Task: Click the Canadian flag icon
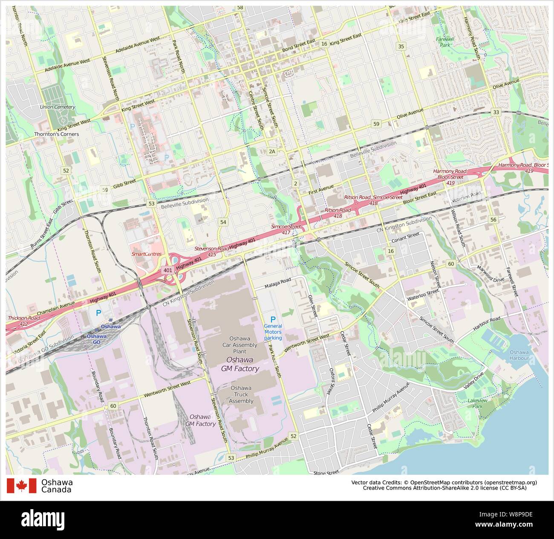tap(21, 486)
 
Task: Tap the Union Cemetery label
tap(57, 107)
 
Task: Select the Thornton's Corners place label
tap(57, 134)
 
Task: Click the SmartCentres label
tap(146, 254)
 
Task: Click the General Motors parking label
tap(273, 332)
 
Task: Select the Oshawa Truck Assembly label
tap(241, 394)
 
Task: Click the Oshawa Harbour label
tap(519, 355)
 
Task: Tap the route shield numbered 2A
tap(272, 151)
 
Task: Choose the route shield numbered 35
tap(400, 46)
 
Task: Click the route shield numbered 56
tap(493, 220)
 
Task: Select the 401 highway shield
tap(167, 270)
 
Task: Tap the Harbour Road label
tap(487, 325)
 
